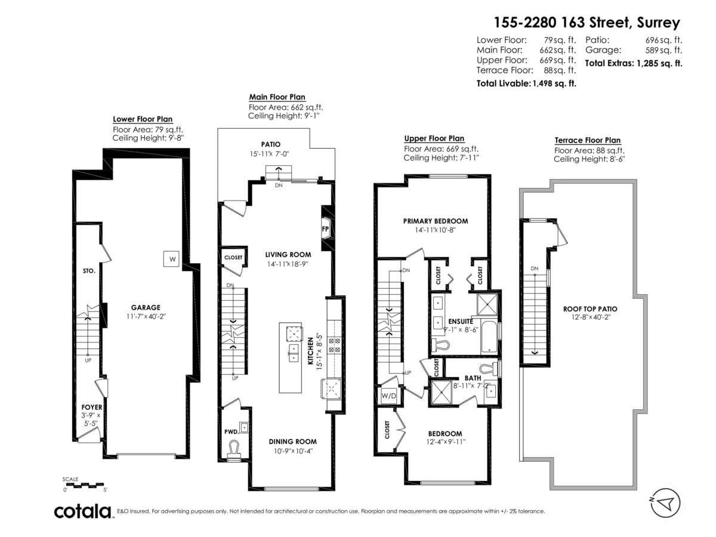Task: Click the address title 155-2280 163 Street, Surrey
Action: click(587, 23)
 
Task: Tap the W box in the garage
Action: click(172, 259)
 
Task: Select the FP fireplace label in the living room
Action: click(326, 229)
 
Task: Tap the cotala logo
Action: click(83, 511)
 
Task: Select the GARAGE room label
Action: click(146, 307)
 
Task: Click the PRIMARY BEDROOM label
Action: click(435, 221)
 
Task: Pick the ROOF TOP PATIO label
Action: click(590, 308)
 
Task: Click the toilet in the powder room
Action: click(234, 447)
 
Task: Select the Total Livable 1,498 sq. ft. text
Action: click(526, 84)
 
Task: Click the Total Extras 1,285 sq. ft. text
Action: click(633, 63)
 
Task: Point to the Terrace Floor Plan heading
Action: click(587, 140)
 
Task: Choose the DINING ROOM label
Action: click(289, 442)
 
